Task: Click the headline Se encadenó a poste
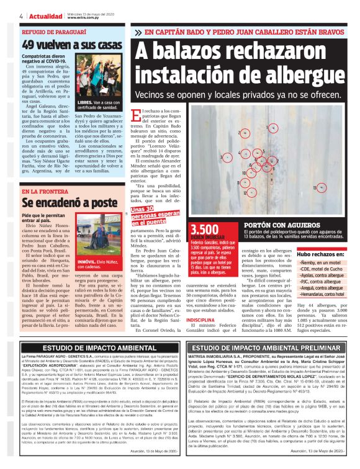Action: pos(61,202)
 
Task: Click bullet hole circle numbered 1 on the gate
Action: pos(272,128)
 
